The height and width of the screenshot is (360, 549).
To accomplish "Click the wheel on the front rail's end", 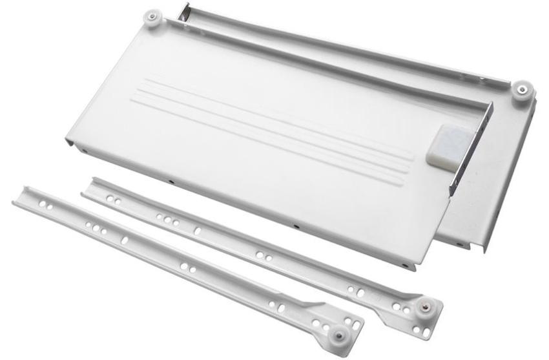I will coord(339,335).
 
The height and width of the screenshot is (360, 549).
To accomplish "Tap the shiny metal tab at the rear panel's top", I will coord(184,12).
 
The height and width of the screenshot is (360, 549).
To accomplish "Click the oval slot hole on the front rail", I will coord(124,240).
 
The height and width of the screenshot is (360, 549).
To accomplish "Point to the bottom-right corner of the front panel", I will coord(410,266).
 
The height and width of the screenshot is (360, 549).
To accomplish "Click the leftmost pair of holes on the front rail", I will coord(45,205).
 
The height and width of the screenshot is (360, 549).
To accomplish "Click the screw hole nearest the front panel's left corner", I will coord(85,151).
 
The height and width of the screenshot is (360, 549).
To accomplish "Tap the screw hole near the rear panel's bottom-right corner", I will coord(459,244).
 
